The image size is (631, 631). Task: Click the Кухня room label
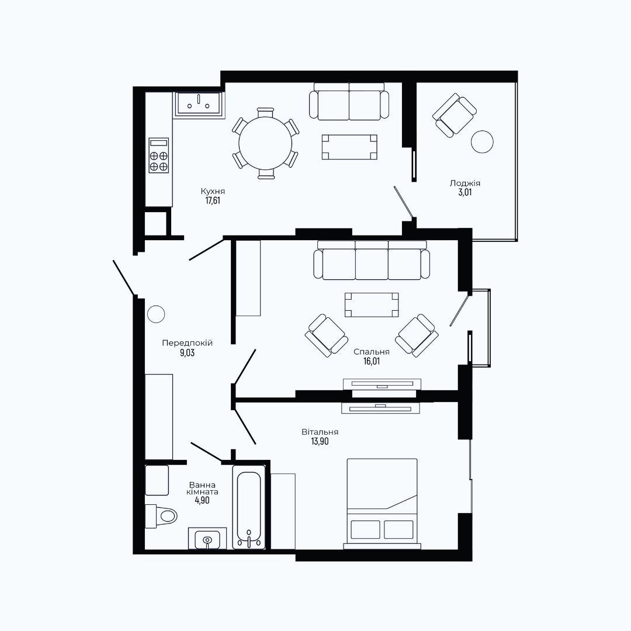213,191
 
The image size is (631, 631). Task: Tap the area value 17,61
213,200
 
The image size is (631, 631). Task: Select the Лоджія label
465,183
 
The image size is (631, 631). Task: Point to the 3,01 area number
465,192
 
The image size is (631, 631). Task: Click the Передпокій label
187,344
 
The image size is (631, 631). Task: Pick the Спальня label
372,352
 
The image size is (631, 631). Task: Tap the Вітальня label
320,432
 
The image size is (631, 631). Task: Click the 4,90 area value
202,501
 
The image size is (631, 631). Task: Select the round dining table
266,143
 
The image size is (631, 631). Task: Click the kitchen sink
199,104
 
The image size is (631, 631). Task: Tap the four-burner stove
158,155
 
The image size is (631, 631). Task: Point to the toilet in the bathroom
161,516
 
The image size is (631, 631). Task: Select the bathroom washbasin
207,539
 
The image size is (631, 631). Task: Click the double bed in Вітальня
382,504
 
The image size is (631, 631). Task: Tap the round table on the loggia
482,141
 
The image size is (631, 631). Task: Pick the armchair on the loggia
455,116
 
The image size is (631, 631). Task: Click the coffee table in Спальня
372,304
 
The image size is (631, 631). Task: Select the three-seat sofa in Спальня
372,260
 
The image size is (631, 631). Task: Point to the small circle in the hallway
156,314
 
